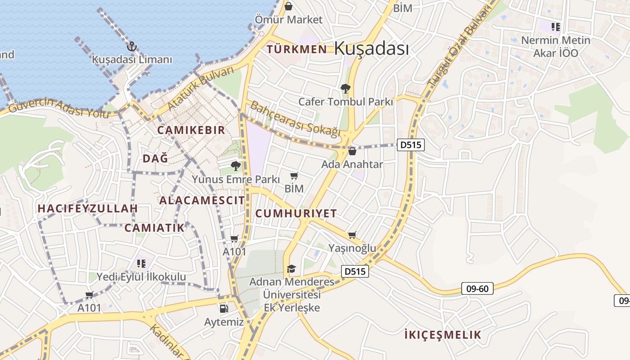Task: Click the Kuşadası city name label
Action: click(372, 48)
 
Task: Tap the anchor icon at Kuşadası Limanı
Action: click(131, 46)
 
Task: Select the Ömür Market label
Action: click(288, 20)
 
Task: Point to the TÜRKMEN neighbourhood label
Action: click(297, 49)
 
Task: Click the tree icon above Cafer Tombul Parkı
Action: click(345, 89)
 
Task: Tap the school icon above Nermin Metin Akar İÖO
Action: click(556, 27)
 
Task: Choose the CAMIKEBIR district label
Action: click(191, 130)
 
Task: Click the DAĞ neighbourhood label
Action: click(155, 158)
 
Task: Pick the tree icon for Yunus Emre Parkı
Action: click(235, 166)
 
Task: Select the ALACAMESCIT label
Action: click(202, 200)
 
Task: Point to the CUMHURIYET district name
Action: click(296, 213)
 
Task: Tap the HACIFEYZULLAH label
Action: click(87, 209)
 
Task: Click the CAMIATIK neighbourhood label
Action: click(154, 228)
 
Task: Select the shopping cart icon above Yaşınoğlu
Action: click(352, 235)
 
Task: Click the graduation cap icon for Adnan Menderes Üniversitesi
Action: click(291, 269)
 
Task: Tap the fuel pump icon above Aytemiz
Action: click(224, 309)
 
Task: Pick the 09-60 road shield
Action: click(477, 288)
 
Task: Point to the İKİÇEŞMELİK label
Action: click(443, 335)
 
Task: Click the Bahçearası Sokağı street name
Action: click(295, 119)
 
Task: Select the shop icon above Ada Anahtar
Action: click(352, 151)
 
